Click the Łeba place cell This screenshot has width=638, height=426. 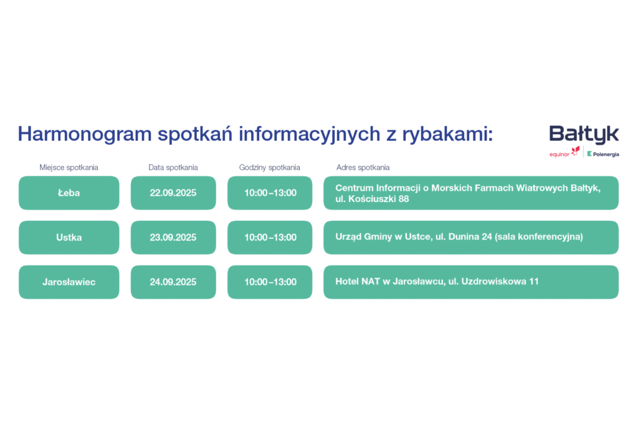click(69, 193)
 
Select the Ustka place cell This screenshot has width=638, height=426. click(69, 238)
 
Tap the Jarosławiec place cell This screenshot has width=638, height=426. click(69, 282)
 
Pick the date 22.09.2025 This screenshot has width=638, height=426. click(173, 193)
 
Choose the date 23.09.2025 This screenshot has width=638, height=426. click(173, 238)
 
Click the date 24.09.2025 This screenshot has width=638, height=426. click(173, 282)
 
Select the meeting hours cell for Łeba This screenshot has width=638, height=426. click(270, 193)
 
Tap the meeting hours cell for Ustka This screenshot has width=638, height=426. click(270, 238)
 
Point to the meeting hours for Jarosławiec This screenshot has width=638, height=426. click(270, 282)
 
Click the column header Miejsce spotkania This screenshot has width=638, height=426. click(69, 167)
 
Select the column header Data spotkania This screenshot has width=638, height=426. click(173, 167)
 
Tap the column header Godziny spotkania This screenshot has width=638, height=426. click(269, 167)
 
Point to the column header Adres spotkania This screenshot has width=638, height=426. click(363, 167)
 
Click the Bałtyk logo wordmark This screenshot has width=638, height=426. click(584, 134)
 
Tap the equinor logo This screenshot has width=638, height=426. click(564, 152)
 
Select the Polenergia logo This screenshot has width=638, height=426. click(603, 154)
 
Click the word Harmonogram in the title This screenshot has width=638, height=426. click(85, 134)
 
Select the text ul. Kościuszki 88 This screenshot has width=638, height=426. click(372, 199)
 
